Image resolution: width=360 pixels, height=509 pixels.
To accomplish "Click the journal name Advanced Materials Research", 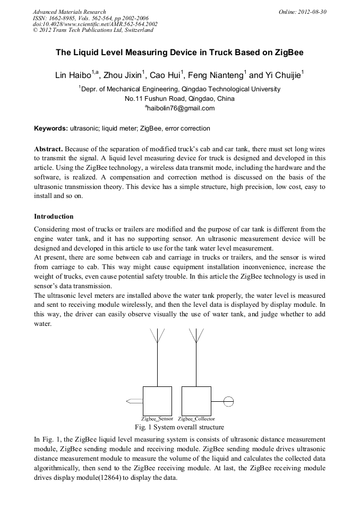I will (70, 11).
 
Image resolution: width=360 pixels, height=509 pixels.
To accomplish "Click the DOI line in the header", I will (95, 24).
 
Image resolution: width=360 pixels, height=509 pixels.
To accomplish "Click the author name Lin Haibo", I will (73, 75).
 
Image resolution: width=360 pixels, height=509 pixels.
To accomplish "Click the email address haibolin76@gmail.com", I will (180, 108).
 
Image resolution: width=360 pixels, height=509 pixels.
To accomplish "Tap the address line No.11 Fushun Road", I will (179, 99).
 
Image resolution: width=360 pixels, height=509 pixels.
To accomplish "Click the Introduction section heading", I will (54, 217).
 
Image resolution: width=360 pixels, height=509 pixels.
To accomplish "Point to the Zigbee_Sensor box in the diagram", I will (157, 401).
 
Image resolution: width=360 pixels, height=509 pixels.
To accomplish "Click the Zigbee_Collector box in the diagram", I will (196, 401).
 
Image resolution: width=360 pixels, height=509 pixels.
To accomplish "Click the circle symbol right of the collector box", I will (228, 401).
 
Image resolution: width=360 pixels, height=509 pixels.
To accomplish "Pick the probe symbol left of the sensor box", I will (134, 401).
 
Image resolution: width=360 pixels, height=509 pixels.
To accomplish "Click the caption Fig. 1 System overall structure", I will (179, 427).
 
